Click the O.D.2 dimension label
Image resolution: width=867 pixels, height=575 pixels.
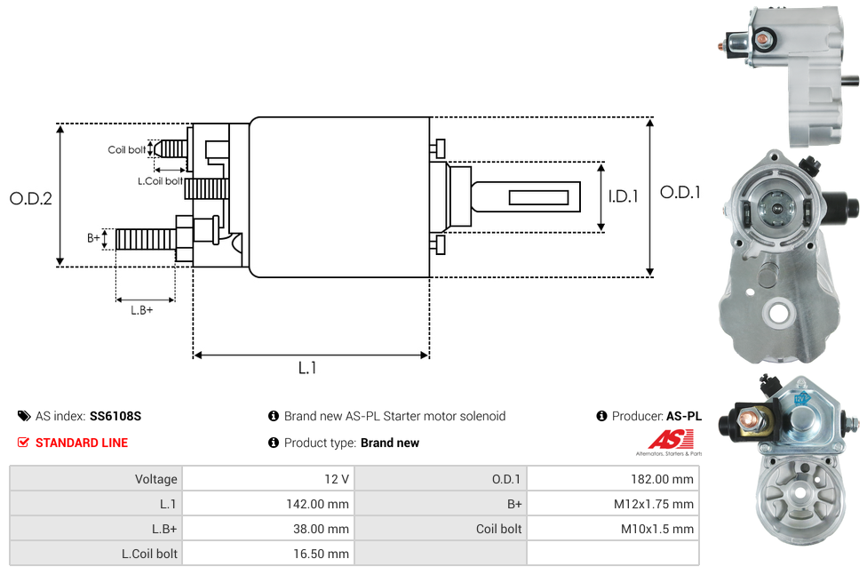point(30,198)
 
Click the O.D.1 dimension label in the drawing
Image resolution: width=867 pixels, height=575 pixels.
point(680,192)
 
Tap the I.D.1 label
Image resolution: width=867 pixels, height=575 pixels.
point(623,196)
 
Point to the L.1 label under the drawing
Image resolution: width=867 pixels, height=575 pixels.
point(306,367)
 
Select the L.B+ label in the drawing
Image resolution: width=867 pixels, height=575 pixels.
point(141,310)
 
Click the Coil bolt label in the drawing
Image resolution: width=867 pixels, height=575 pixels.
point(127,149)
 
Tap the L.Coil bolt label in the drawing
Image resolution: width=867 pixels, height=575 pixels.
point(160,180)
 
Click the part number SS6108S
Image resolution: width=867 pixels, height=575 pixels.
point(115,416)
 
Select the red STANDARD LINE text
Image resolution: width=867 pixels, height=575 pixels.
point(81,443)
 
